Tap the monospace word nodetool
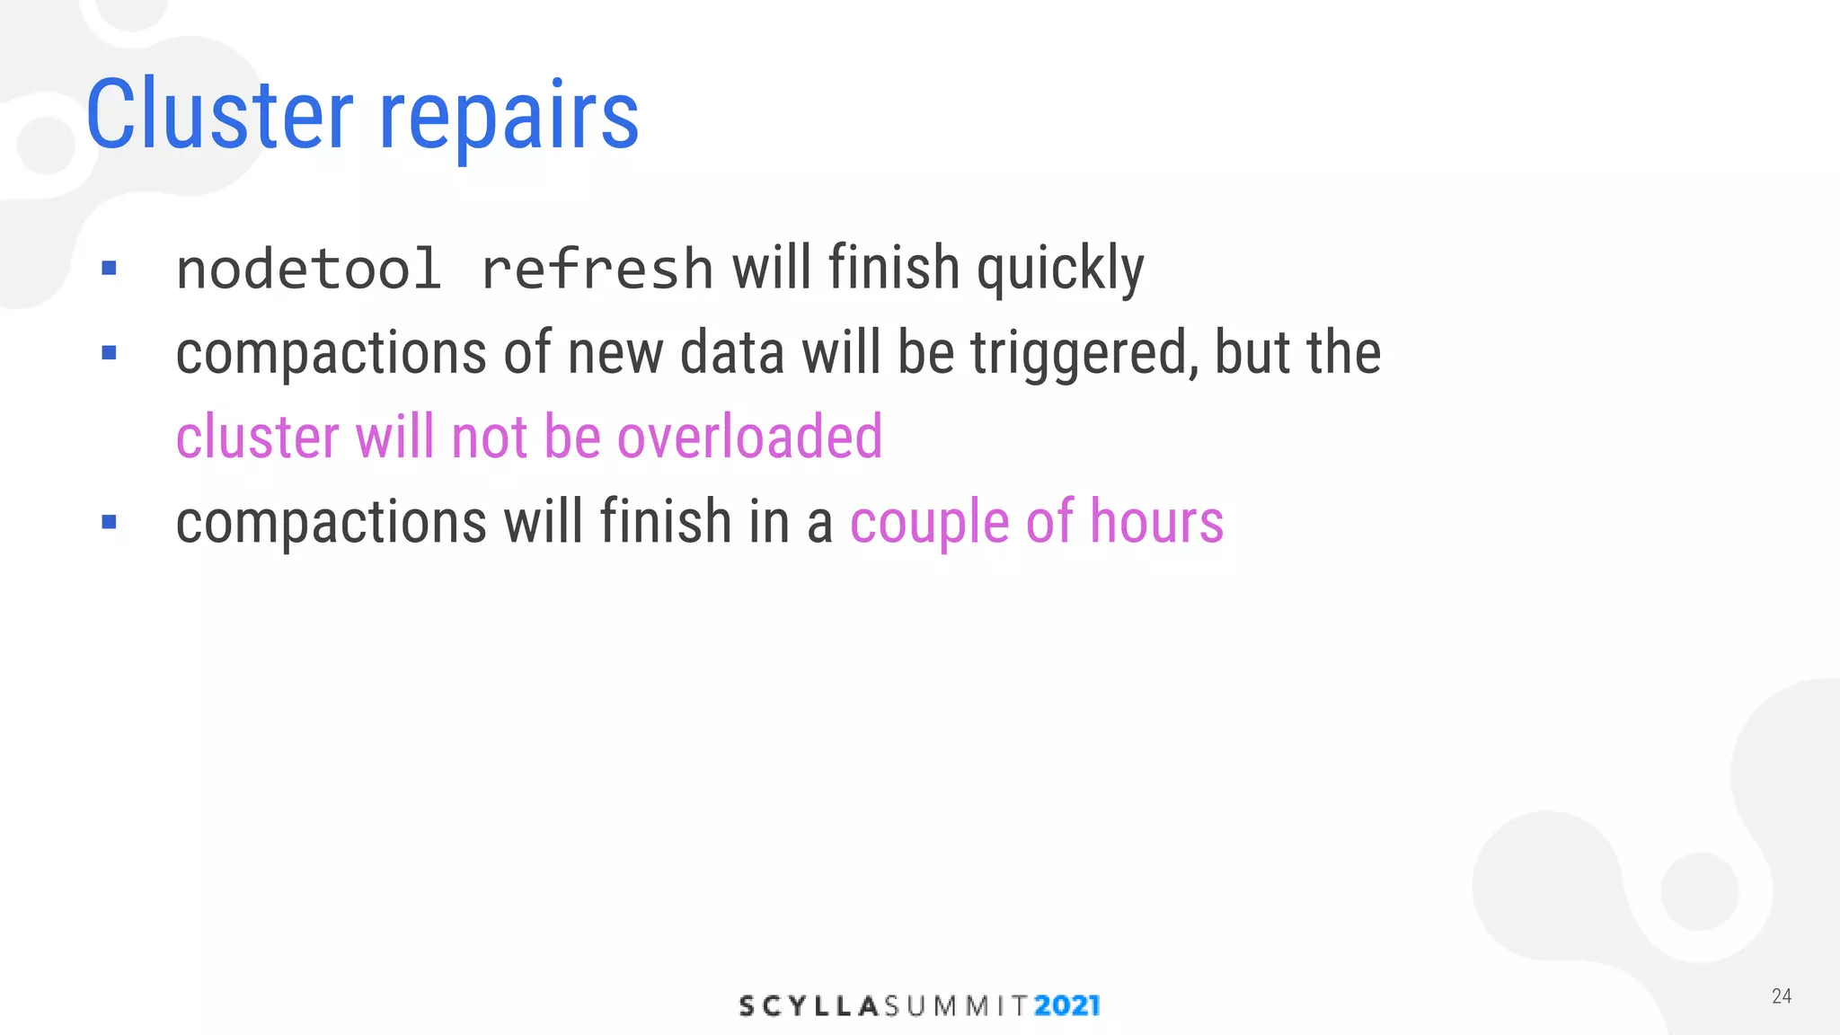click(x=308, y=269)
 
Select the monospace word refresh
click(x=597, y=269)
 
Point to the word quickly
click(x=1060, y=270)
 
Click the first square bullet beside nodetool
click(x=110, y=268)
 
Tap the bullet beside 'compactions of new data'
click(x=110, y=353)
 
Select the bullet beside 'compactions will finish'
click(x=110, y=522)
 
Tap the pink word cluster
click(x=257, y=437)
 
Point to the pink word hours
click(x=1156, y=521)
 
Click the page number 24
click(x=1781, y=995)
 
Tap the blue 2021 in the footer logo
click(x=1066, y=1005)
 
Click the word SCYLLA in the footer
click(x=808, y=1006)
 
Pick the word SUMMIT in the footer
click(x=956, y=1006)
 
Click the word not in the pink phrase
click(x=490, y=437)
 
